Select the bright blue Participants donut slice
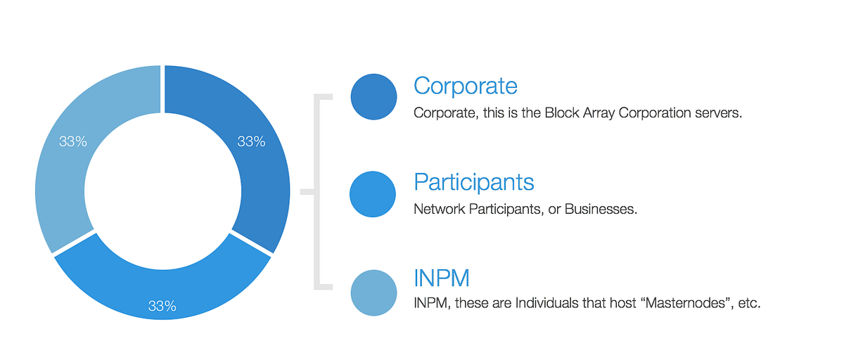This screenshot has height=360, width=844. point(162,294)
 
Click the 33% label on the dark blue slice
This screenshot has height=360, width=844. point(251,141)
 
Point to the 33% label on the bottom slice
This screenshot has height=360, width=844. point(162,306)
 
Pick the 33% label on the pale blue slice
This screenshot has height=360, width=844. point(73,141)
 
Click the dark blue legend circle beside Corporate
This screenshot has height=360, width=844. point(373,97)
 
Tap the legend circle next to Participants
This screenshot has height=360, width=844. point(373,194)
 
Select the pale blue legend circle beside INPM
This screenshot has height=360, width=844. point(373,293)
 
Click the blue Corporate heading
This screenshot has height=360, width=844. point(466,86)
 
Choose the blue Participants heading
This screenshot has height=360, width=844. point(473,182)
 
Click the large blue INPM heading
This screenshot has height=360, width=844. point(442,278)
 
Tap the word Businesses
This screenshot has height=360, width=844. point(601,209)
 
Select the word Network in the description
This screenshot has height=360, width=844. point(440,209)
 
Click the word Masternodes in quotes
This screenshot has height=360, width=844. point(685,303)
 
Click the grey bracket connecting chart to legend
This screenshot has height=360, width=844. point(317,192)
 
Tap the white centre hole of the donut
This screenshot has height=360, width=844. point(162,191)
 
